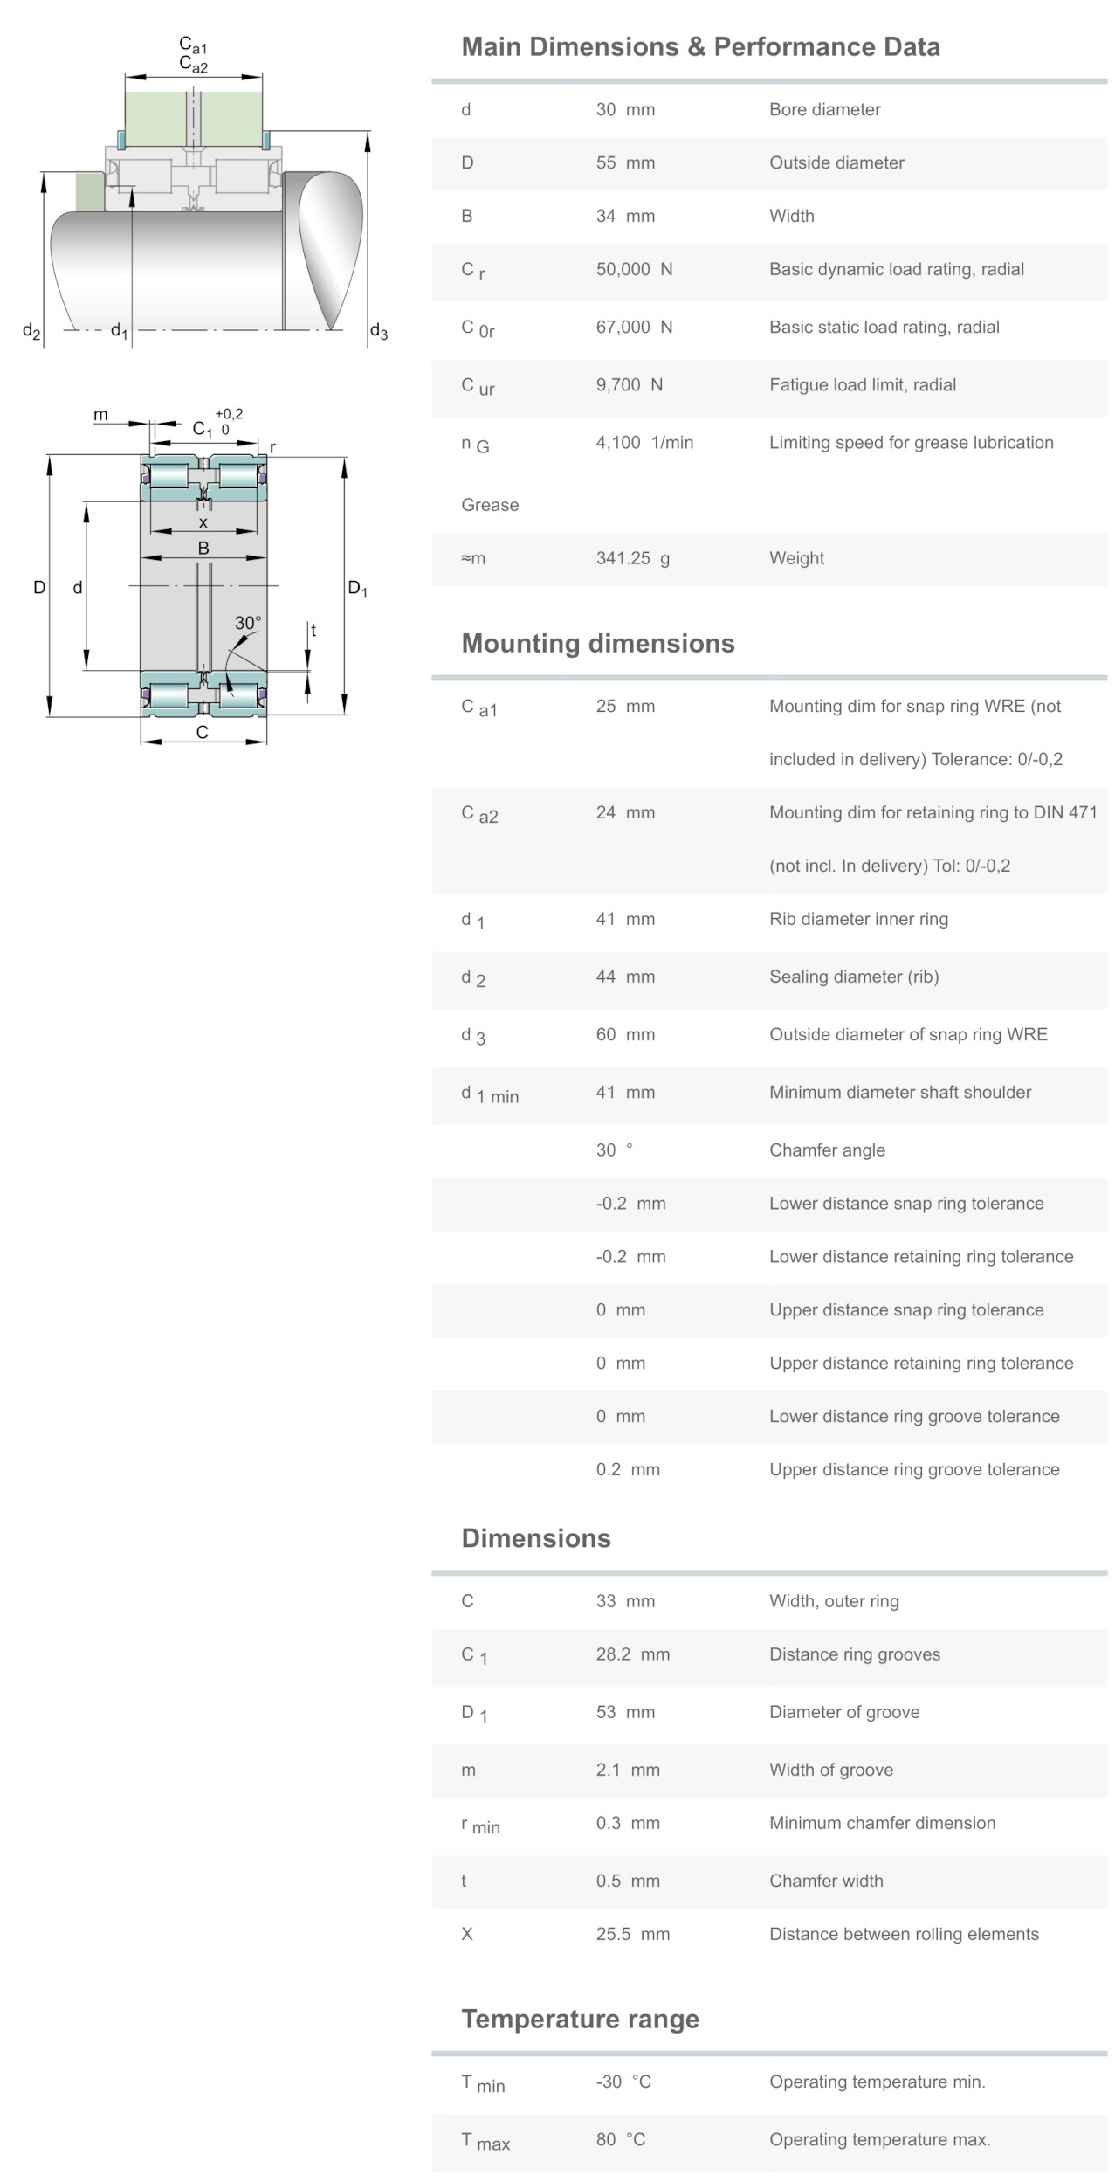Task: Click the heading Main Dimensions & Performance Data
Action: pyautogui.click(x=700, y=46)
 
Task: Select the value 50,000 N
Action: pyautogui.click(x=634, y=269)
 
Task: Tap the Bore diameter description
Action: pyautogui.click(x=824, y=109)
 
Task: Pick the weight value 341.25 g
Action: pyautogui.click(x=632, y=558)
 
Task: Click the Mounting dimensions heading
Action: pyautogui.click(x=597, y=644)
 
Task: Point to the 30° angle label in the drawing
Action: pyautogui.click(x=247, y=623)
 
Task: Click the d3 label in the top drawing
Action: pyautogui.click(x=378, y=331)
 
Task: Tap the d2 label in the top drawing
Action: pyautogui.click(x=31, y=331)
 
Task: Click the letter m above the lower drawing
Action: pyautogui.click(x=101, y=415)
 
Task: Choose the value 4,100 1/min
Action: pyautogui.click(x=644, y=443)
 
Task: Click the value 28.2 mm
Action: pyautogui.click(x=632, y=1654)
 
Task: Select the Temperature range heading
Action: pyautogui.click(x=580, y=2020)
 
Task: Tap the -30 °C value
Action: pyautogui.click(x=623, y=2082)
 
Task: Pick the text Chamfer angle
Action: pyautogui.click(x=827, y=1150)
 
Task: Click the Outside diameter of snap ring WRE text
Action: pyautogui.click(x=908, y=1034)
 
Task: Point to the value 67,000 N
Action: pyautogui.click(x=634, y=327)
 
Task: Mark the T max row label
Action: pyautogui.click(x=485, y=2141)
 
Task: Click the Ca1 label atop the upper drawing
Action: pyautogui.click(x=193, y=45)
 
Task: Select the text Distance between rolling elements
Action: pyautogui.click(x=904, y=1934)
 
